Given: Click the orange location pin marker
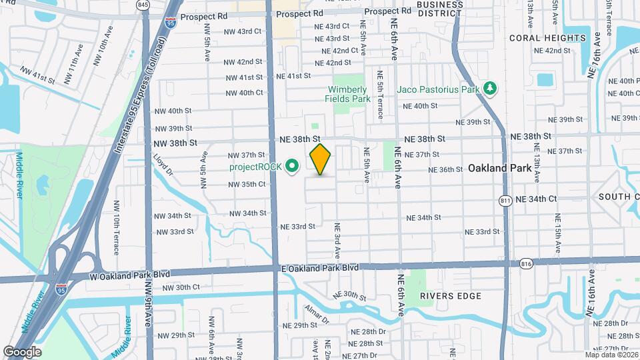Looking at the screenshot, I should point(321,159).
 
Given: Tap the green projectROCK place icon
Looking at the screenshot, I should point(291,166).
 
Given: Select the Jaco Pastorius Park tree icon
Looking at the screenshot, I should point(491,88).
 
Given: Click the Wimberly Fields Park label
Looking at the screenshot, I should point(347,94).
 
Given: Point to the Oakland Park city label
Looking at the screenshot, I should point(500,169).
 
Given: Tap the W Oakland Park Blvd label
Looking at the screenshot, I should point(130,275).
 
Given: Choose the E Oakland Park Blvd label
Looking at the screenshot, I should point(319,267).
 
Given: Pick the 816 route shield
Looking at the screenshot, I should point(527,264).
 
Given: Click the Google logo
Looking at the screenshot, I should point(22,352).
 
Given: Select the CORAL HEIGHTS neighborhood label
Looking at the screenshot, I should point(547,38).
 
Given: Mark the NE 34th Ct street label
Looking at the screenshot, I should point(535,199).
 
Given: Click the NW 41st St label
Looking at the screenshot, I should point(38,74).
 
